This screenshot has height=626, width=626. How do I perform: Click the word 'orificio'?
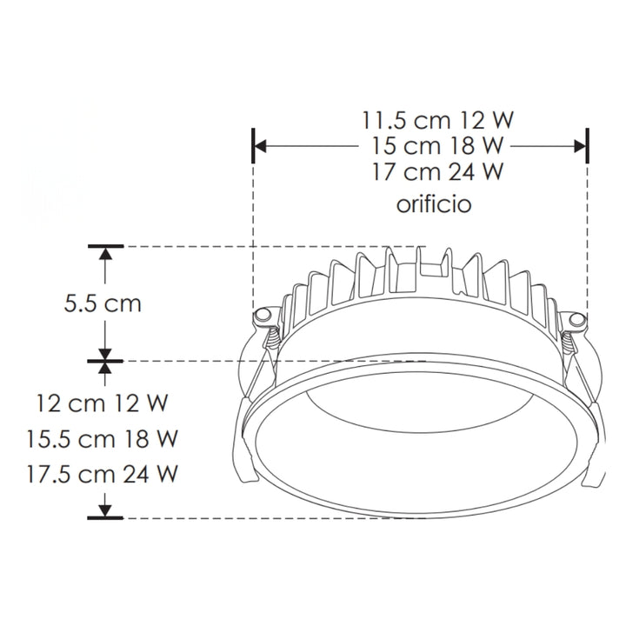[434, 204]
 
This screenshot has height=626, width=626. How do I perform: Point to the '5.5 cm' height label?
[103, 304]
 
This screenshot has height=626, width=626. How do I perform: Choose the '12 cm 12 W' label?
[102, 403]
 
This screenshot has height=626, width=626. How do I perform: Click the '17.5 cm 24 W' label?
[102, 474]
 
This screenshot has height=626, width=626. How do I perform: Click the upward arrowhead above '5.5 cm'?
[106, 254]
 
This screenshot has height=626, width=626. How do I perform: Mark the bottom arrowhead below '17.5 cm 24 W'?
[106, 510]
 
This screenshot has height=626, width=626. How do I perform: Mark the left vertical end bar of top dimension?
[253, 144]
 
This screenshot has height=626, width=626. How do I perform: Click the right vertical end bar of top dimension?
[588, 144]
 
